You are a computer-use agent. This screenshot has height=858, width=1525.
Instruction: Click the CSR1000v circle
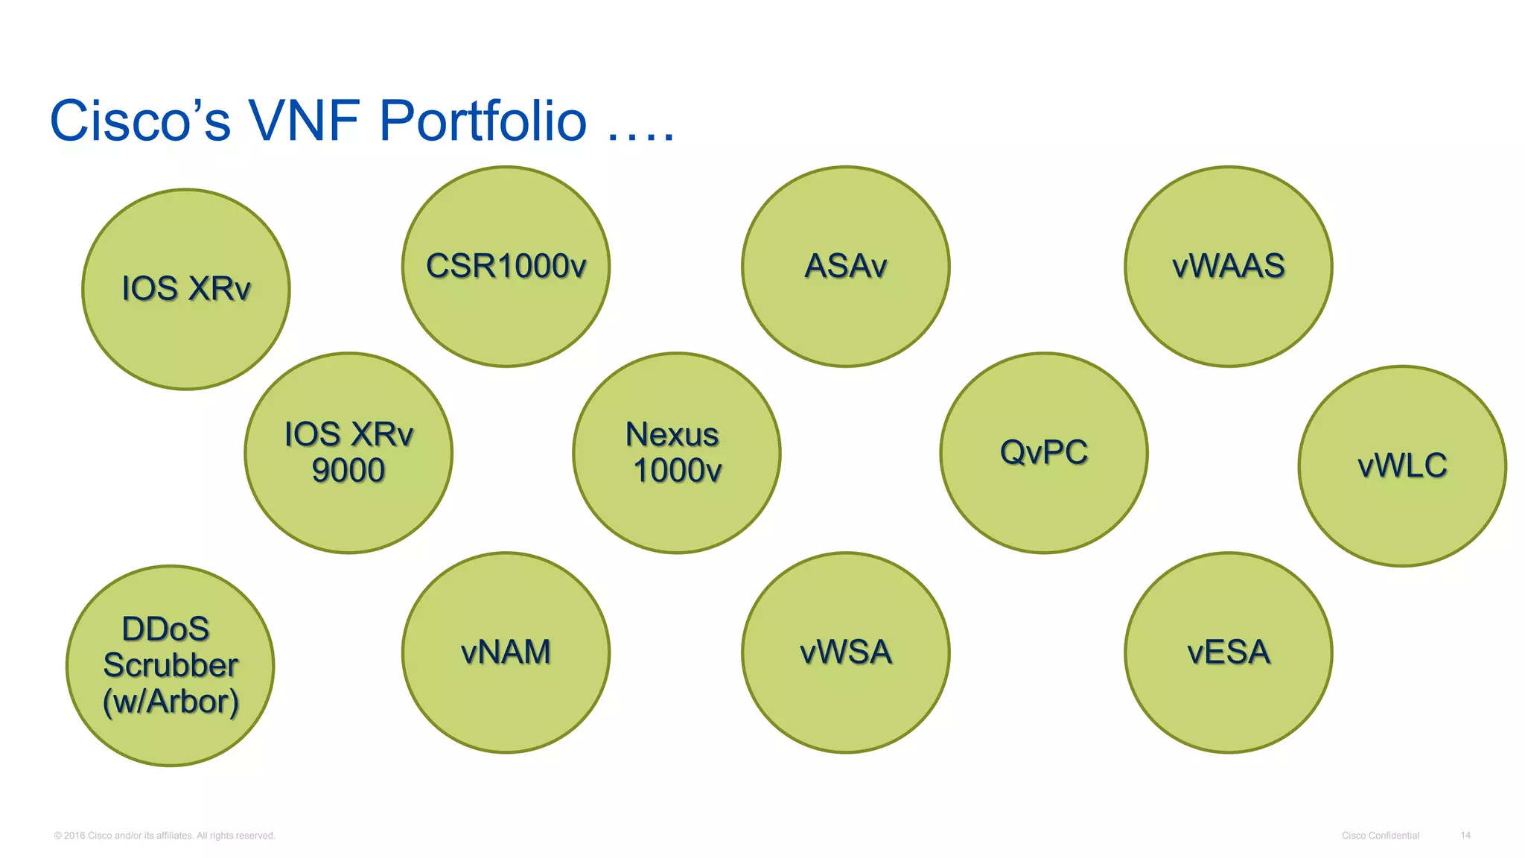(x=506, y=267)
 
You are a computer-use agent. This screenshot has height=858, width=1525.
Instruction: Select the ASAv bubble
(x=845, y=267)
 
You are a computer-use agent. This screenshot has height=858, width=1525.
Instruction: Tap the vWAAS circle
(x=1228, y=267)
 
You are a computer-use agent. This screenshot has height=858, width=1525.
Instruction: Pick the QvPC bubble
(x=1043, y=453)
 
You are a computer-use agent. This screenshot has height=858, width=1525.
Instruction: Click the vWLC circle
(x=1401, y=466)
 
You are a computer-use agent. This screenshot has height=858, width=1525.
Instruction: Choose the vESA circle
(x=1228, y=652)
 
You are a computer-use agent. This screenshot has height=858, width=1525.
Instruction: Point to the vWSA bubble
(x=845, y=652)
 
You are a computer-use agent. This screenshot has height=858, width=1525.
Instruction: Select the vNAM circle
(x=506, y=652)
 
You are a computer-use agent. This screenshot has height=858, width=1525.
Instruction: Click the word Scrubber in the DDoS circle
(x=171, y=665)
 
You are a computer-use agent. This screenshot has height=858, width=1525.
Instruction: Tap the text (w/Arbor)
(x=171, y=702)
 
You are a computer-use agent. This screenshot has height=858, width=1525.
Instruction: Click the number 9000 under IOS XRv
(x=348, y=471)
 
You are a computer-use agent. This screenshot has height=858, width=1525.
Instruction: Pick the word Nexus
(x=672, y=435)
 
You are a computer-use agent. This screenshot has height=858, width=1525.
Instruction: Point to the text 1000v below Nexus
(x=677, y=471)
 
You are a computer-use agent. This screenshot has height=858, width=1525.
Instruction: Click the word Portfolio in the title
(x=483, y=121)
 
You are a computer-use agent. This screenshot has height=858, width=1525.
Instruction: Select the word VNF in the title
(x=306, y=121)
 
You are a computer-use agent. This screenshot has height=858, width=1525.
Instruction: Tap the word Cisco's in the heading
(x=140, y=121)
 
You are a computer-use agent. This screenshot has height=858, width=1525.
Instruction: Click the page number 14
(x=1465, y=836)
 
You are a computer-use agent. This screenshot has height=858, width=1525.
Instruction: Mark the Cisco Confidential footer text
(x=1380, y=836)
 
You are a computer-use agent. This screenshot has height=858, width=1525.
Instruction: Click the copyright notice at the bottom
(x=165, y=836)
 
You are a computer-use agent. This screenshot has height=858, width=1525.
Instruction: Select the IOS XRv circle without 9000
(x=185, y=289)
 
